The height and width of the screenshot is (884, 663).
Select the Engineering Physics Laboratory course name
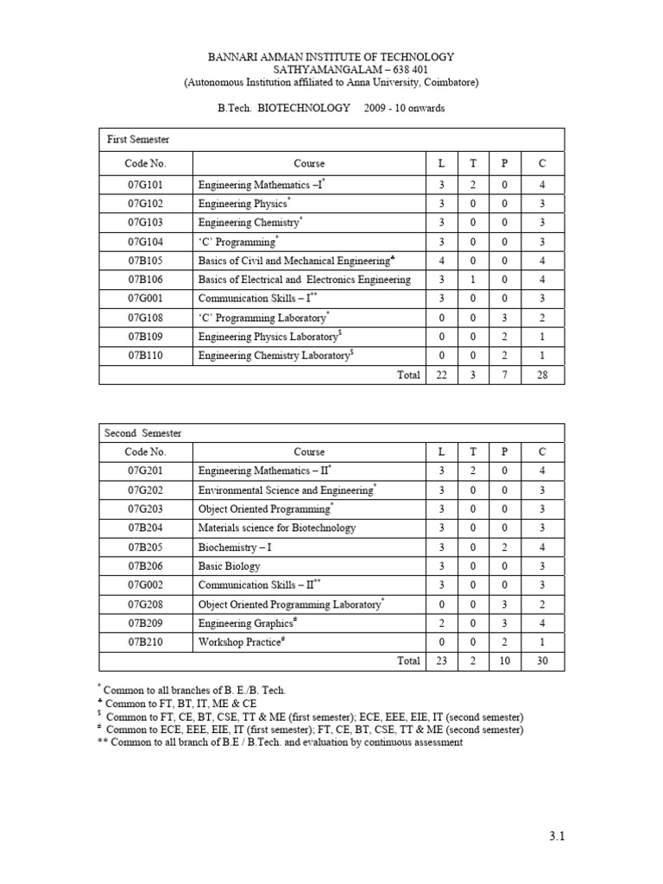[271, 337]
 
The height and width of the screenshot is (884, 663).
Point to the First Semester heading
[138, 139]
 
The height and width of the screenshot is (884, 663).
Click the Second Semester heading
[143, 433]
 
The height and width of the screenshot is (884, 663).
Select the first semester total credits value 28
[542, 375]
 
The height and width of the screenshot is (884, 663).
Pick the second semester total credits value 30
[542, 661]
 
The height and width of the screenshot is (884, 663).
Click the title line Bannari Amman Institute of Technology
[331, 57]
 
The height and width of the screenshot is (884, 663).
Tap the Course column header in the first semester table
[309, 163]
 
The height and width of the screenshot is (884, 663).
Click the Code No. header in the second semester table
[145, 451]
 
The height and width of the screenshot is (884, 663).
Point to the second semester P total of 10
[504, 661]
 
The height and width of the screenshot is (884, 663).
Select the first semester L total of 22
[441, 375]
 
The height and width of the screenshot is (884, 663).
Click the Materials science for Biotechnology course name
[277, 528]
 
